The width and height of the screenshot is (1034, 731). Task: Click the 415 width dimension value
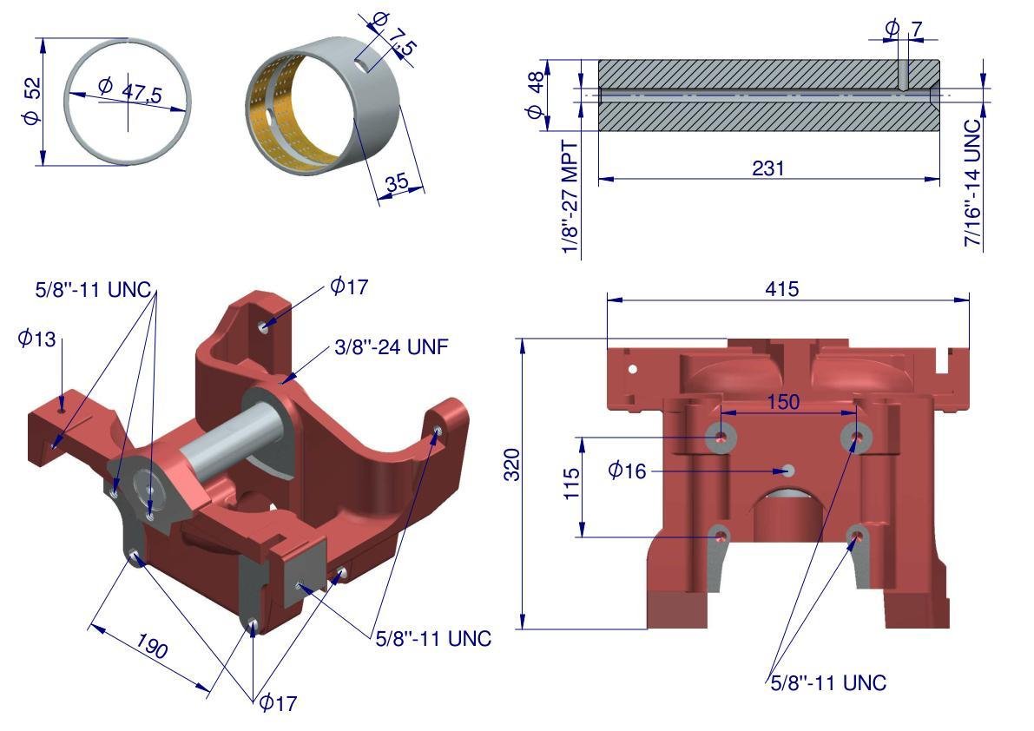click(x=781, y=288)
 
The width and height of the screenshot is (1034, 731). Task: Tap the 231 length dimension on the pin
click(x=768, y=168)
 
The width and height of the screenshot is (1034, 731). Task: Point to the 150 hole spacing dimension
click(x=783, y=402)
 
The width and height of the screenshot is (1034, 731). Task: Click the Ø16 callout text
click(x=627, y=471)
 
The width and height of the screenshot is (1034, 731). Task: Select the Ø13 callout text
click(x=36, y=339)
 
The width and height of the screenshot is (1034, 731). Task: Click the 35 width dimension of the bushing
click(x=396, y=183)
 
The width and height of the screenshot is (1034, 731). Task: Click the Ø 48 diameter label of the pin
click(x=536, y=95)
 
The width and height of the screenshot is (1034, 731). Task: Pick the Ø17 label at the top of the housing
click(x=349, y=286)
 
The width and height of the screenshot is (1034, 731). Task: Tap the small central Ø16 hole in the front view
click(x=787, y=471)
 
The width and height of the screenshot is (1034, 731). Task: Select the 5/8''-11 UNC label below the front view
click(x=828, y=682)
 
